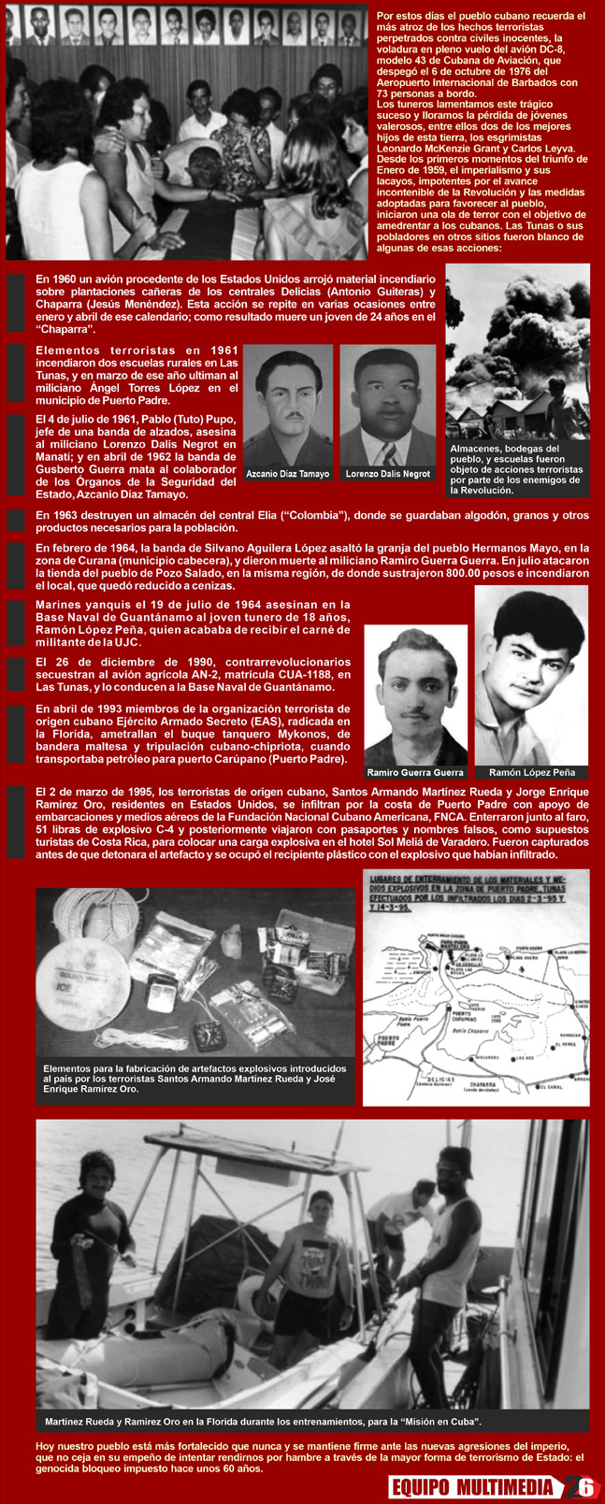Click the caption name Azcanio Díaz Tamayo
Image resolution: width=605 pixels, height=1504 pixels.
point(287,474)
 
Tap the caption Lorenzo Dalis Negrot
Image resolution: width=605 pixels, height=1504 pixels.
point(388,474)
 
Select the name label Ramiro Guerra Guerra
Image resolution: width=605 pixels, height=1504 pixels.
point(415,773)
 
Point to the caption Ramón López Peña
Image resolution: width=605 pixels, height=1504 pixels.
point(531,773)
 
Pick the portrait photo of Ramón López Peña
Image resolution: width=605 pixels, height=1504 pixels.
point(531,673)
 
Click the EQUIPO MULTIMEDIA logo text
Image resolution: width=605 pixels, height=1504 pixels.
point(472,1487)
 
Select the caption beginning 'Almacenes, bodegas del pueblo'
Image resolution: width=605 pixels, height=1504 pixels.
point(517,468)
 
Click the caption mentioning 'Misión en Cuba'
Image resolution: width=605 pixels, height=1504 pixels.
point(263,1422)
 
